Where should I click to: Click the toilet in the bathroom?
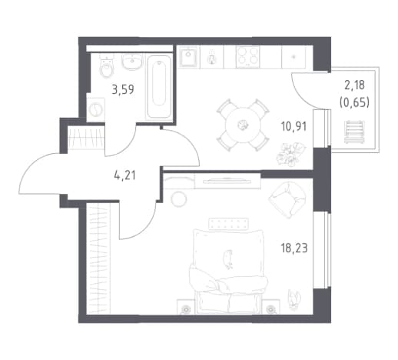[x=106, y=65]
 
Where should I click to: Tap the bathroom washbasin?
[x=131, y=62]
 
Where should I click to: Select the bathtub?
[x=158, y=86]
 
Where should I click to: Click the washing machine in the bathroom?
[x=96, y=110]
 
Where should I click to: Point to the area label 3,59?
[x=123, y=90]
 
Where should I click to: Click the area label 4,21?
[x=124, y=175]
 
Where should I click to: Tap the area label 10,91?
[x=294, y=126]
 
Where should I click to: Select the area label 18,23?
[x=294, y=248]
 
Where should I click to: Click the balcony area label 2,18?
[x=354, y=85]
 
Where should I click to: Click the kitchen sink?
[x=188, y=57]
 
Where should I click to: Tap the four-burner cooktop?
[x=247, y=57]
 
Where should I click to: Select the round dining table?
[x=243, y=125]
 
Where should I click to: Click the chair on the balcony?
[x=354, y=132]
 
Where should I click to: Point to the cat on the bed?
[x=228, y=259]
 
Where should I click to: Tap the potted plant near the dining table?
[x=290, y=154]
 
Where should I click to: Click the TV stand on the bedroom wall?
[x=227, y=182]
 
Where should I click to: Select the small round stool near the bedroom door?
[x=179, y=199]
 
